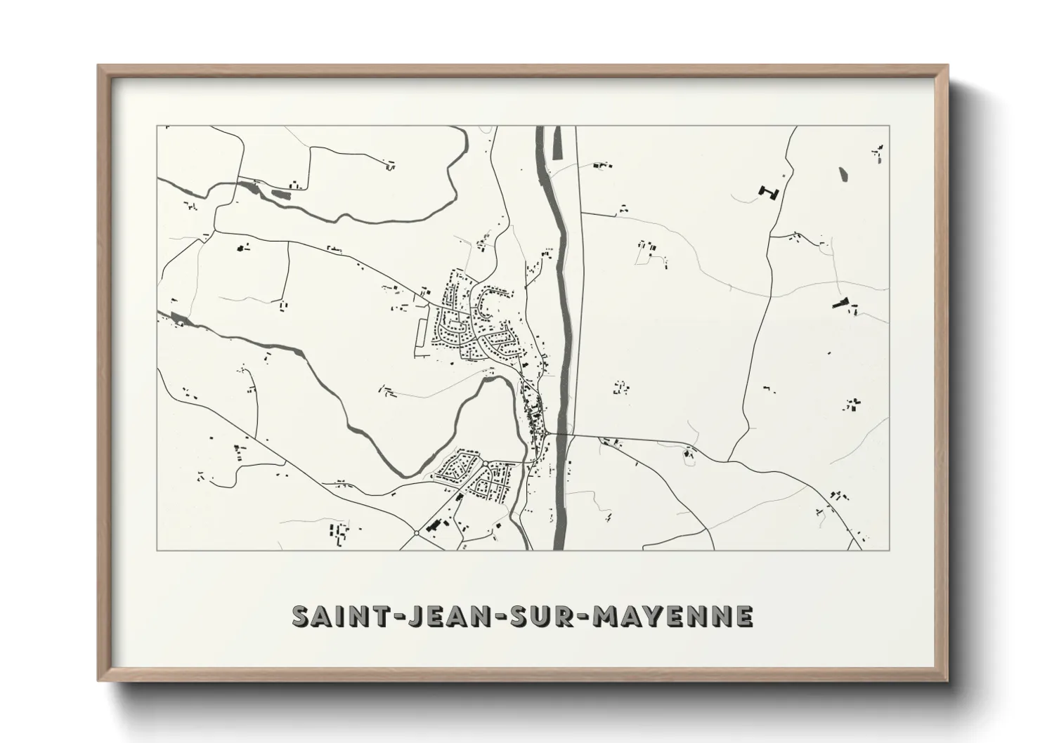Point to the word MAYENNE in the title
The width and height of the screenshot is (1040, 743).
click(673, 616)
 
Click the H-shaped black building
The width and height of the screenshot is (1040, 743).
click(769, 191)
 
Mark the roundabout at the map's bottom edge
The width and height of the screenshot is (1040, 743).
click(417, 533)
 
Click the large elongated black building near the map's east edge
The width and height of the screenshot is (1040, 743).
click(840, 303)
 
